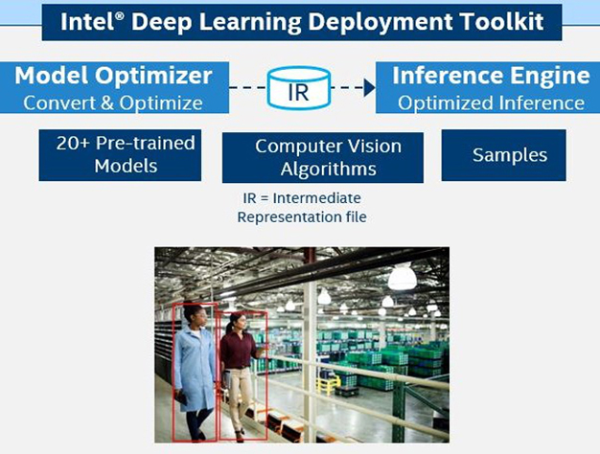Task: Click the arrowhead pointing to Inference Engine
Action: pos(369,88)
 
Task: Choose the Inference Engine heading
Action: pos(491,75)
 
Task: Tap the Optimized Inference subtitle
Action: pos(491,102)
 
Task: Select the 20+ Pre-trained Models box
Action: pos(120,155)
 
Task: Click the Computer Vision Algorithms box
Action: pos(322,157)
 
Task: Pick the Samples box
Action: pos(503,155)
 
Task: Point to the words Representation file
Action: pos(302,217)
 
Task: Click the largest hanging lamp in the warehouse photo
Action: pos(402,277)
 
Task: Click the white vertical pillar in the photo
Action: pos(310,345)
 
